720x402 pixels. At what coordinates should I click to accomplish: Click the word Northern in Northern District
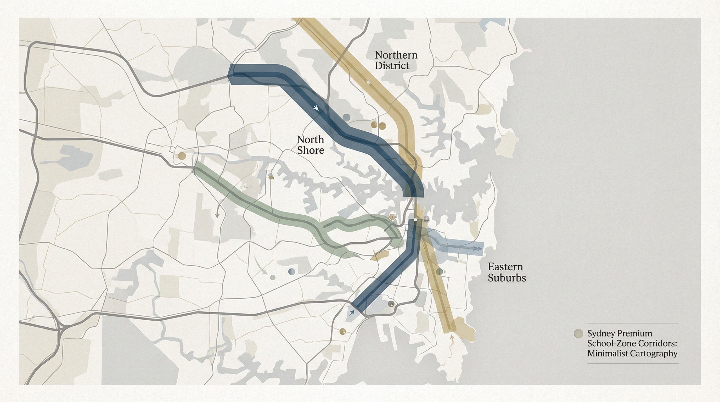tap(396, 55)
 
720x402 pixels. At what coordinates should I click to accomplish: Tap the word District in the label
tap(392, 66)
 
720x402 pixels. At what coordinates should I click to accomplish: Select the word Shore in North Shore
tap(310, 150)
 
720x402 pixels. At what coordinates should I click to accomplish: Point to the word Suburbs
tap(507, 278)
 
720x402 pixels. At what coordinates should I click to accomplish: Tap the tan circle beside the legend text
tap(578, 333)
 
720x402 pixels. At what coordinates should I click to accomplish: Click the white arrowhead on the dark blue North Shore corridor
tap(316, 108)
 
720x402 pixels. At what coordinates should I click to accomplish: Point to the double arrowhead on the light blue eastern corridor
tap(479, 248)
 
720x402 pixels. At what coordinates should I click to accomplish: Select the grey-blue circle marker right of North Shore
tap(346, 117)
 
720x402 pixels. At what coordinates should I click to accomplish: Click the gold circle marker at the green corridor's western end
tap(181, 155)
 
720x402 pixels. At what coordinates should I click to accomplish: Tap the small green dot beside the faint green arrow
tap(273, 277)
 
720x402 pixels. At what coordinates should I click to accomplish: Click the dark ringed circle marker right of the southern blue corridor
tap(391, 304)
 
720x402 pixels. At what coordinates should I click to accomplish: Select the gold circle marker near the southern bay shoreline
tap(342, 331)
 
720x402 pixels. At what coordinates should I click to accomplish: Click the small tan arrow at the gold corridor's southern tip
tap(451, 337)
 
